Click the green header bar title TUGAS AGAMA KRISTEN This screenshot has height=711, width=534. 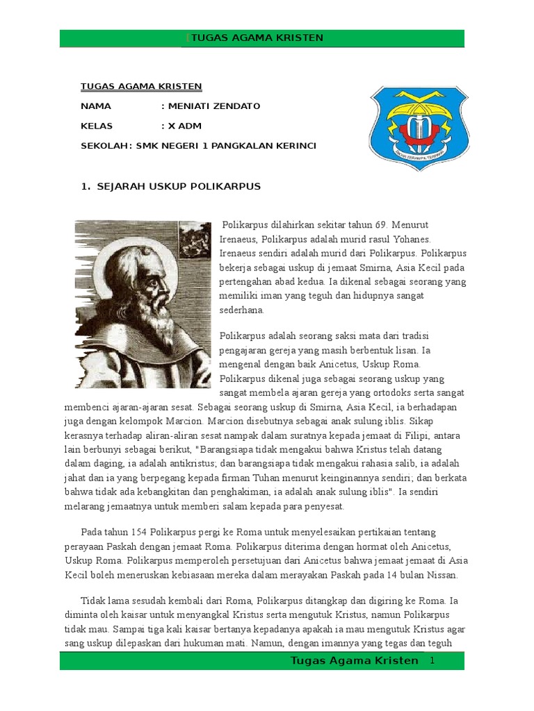click(x=257, y=38)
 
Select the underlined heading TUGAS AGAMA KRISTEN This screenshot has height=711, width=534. click(x=141, y=87)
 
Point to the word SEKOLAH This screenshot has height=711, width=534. click(x=104, y=146)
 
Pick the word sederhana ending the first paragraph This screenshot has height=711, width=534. click(x=243, y=310)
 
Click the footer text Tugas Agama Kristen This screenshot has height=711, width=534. click(x=354, y=660)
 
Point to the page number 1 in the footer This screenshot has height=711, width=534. click(x=432, y=660)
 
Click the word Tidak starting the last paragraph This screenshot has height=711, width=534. click(x=94, y=601)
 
